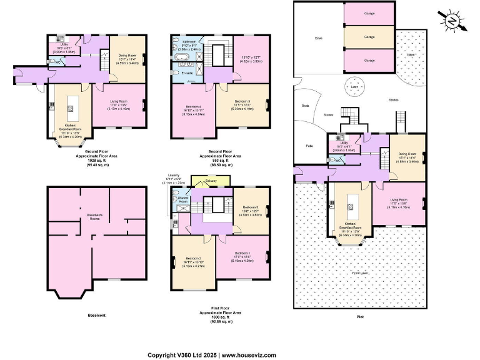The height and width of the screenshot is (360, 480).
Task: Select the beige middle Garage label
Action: tap(370, 37)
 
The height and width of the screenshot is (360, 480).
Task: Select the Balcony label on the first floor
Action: tap(209, 181)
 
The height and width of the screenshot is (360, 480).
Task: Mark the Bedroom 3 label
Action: tap(250, 207)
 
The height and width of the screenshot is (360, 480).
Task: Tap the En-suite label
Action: tap(187, 74)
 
